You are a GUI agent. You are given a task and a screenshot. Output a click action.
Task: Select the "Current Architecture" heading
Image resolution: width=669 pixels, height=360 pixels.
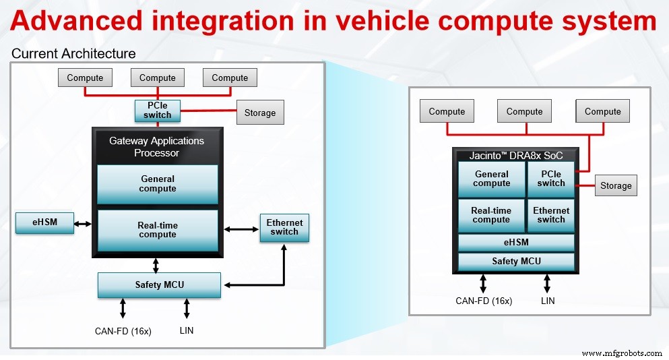pos(73,53)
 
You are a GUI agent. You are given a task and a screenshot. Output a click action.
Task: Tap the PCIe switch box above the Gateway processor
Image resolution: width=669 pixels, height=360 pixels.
pos(158,111)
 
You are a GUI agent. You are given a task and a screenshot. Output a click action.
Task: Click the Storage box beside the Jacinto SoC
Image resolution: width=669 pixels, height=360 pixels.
pos(616,185)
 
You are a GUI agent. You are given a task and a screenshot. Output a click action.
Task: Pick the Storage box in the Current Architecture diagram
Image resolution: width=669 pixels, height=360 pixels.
pos(260,113)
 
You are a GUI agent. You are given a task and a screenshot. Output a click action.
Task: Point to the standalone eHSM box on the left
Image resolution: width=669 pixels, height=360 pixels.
pos(44,223)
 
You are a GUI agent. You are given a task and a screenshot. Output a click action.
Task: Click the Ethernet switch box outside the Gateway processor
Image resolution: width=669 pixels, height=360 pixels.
pos(284,227)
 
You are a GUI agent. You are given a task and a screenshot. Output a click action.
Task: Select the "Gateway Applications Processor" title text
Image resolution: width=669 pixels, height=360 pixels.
pos(156,147)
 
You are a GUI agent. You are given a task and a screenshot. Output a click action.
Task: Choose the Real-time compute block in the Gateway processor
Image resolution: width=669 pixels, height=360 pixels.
pos(158,230)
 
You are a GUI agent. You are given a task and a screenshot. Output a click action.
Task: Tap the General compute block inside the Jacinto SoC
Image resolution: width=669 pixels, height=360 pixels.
pos(491,179)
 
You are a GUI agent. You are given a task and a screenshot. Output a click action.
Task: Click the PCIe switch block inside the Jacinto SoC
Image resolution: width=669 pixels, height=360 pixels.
pos(551,179)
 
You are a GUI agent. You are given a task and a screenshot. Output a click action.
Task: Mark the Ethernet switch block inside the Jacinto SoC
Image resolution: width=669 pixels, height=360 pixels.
pos(551,215)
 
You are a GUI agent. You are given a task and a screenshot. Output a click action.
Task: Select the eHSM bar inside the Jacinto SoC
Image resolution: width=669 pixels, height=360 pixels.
pos(516,243)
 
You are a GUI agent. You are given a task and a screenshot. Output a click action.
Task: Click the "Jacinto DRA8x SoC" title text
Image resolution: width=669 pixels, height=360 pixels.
pos(516,155)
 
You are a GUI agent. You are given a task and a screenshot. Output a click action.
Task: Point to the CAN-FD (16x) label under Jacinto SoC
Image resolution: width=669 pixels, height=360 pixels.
pos(484,301)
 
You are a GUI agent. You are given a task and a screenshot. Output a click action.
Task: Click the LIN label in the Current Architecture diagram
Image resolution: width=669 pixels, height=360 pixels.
pos(187,330)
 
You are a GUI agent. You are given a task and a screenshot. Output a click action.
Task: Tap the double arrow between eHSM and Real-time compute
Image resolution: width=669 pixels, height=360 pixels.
pos(84,223)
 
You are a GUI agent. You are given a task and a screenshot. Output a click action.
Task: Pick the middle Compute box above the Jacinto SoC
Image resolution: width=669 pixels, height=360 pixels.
pos(524,111)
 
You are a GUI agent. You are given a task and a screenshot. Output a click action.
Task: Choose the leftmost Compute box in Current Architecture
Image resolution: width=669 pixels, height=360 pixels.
pos(85,78)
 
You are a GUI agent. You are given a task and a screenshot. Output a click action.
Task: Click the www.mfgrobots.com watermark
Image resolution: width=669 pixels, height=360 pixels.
pos(621,353)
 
